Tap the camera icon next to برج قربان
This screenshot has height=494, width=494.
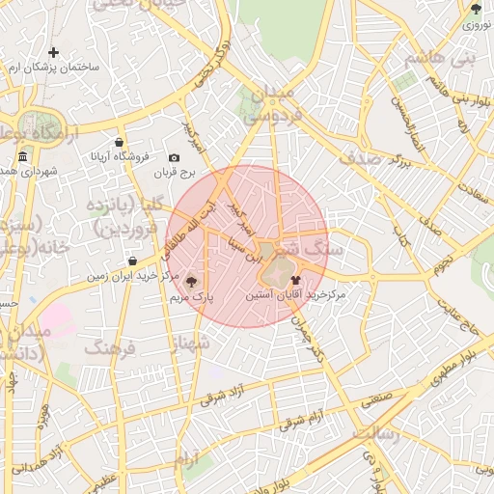[x=174, y=157]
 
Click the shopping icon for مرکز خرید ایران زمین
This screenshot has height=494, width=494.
[x=132, y=261]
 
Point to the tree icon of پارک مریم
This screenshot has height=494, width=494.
[x=191, y=282]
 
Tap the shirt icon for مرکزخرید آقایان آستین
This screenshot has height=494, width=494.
[x=294, y=279]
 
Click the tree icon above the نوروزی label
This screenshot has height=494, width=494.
[x=475, y=9]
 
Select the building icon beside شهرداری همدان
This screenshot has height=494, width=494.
[x=22, y=156]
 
